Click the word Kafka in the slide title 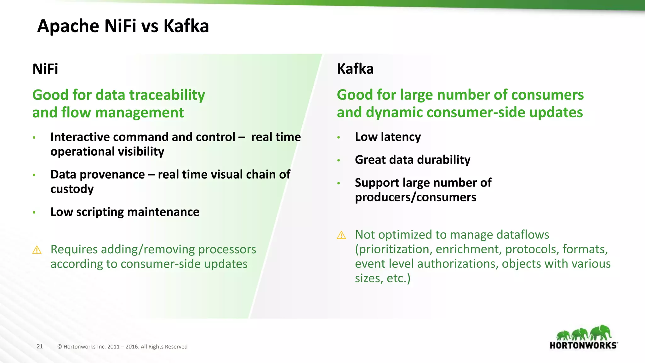186,26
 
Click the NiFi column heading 45,69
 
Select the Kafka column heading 355,69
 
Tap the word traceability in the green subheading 167,95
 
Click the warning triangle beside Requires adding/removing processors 37,250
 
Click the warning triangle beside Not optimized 341,235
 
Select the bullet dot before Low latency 339,137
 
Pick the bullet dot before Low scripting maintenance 34,212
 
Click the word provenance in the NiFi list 112,175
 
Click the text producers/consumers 415,197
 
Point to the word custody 72,189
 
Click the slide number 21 40,346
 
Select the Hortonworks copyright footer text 122,347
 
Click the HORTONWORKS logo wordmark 583,345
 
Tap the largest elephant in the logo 601,332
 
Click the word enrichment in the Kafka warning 469,249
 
